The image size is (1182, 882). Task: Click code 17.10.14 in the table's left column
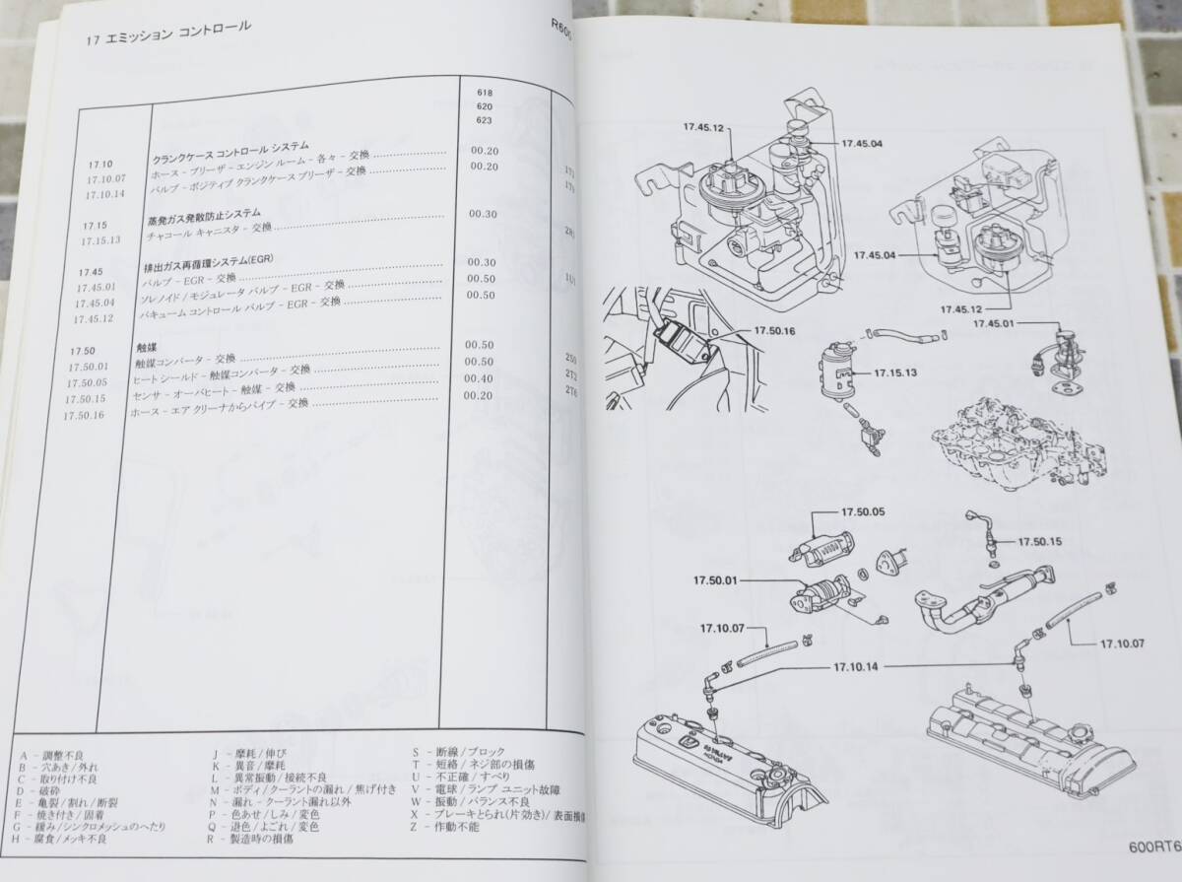106,194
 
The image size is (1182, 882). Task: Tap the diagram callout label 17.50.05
863,512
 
